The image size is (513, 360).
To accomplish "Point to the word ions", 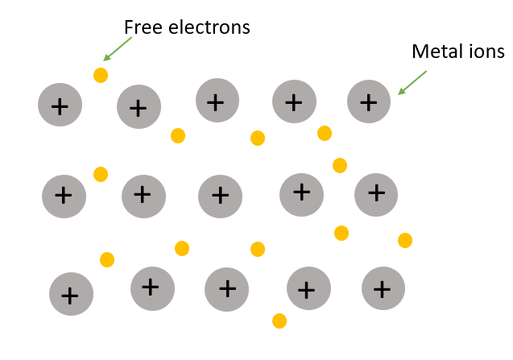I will [486, 52].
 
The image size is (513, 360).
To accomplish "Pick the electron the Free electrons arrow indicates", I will [101, 75].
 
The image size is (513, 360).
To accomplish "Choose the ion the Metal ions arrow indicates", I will [368, 102].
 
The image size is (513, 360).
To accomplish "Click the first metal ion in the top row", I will [60, 105].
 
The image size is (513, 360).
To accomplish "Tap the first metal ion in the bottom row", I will [71, 295].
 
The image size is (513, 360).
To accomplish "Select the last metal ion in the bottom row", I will [383, 288].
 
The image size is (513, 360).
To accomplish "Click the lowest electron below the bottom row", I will [279, 321].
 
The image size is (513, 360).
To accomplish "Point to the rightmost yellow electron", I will [405, 240].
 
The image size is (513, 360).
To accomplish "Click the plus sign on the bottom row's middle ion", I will [227, 288].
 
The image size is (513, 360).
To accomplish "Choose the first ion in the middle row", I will [64, 195].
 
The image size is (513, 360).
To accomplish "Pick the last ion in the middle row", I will [376, 192].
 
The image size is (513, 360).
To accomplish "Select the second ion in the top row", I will [139, 107].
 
